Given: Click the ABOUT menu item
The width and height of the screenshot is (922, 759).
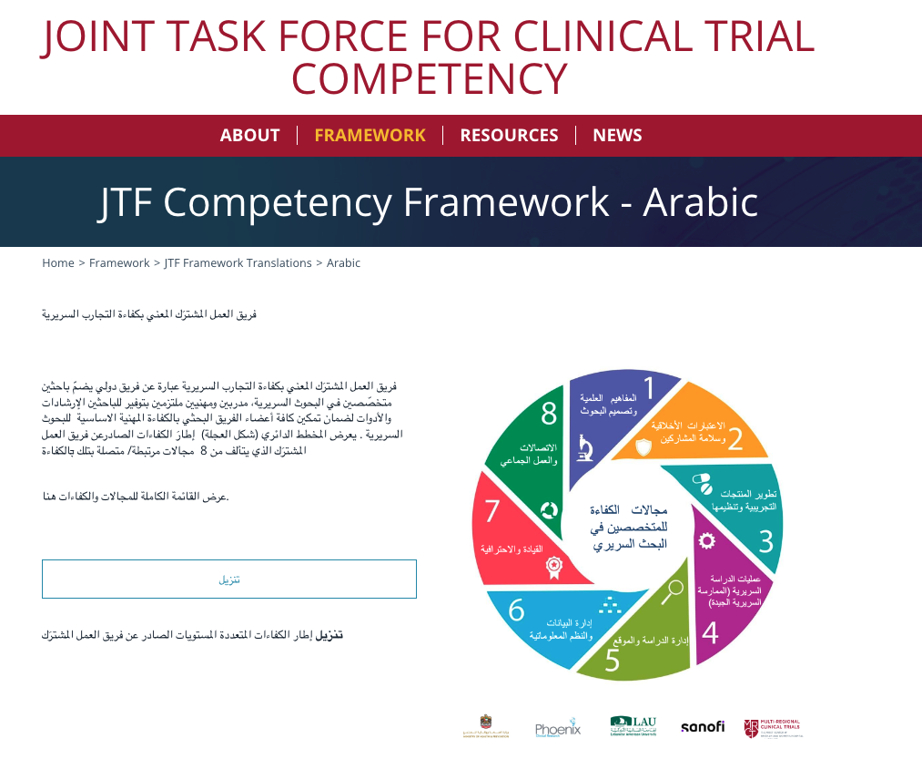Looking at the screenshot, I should click(249, 135).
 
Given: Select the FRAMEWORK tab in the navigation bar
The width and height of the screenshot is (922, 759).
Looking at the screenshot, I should click(370, 135).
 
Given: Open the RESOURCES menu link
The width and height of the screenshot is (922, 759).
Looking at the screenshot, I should click(509, 135).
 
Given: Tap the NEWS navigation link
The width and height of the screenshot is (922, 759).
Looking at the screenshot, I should click(617, 135).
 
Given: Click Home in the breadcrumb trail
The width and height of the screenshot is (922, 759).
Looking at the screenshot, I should click(58, 263).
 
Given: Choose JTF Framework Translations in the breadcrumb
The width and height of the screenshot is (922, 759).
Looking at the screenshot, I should click(238, 263).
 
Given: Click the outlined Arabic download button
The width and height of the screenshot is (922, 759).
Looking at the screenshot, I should click(229, 580).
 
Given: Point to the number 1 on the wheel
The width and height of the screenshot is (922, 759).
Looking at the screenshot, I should click(649, 389).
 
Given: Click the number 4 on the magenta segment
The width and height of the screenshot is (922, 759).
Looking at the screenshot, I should click(710, 631).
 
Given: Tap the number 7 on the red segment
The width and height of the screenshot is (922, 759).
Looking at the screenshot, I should click(492, 511).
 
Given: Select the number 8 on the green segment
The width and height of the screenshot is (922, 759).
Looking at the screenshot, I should click(549, 414).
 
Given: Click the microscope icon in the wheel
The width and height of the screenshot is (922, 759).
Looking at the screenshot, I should click(583, 448).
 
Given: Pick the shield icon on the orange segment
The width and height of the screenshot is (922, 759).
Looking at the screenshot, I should click(643, 446).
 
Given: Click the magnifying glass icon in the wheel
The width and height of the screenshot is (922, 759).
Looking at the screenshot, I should click(673, 591).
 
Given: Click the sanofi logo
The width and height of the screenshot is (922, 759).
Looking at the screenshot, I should click(703, 727).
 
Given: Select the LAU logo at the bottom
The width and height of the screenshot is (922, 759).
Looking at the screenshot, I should click(633, 726).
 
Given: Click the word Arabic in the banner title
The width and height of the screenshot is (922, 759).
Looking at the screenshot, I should click(700, 202).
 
